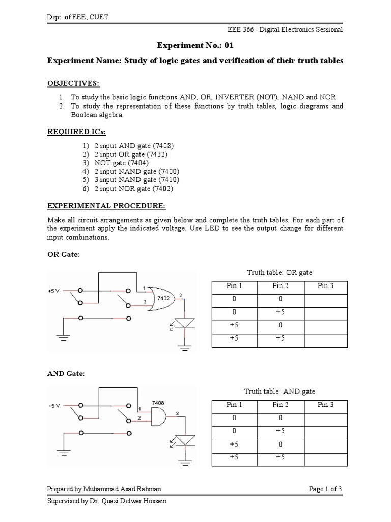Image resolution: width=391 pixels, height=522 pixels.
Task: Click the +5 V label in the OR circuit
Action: [54, 290]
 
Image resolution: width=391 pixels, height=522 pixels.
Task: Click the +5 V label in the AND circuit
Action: [54, 406]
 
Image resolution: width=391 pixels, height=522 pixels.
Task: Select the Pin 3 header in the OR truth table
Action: [325, 286]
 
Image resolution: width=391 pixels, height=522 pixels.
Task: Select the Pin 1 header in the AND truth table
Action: [234, 405]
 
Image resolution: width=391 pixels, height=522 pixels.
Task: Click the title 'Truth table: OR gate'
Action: [280, 273]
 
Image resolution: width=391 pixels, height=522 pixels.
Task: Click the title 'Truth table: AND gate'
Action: [280, 391]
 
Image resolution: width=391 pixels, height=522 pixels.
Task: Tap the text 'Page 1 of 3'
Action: [325, 489]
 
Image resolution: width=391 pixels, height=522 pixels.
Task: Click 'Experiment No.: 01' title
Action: [195, 45]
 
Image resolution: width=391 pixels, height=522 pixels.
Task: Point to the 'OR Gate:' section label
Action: [63, 254]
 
